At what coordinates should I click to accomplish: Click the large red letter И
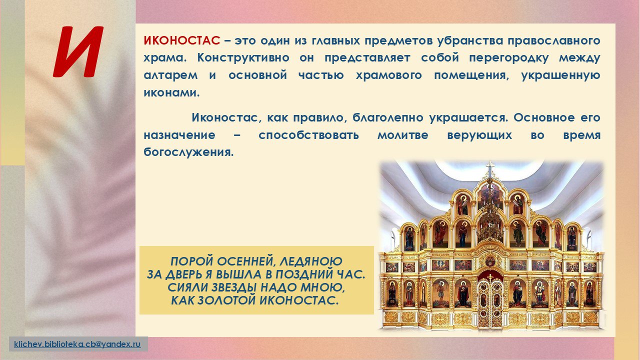78,51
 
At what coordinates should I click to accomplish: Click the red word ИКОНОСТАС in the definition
181,40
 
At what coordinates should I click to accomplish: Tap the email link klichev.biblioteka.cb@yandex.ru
77,343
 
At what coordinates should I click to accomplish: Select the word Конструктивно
243,57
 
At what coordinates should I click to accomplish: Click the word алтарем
170,75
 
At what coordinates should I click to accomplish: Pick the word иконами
171,93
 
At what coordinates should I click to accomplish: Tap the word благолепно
387,117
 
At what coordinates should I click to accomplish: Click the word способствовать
308,135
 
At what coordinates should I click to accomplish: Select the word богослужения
188,152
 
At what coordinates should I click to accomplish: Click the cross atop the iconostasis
490,167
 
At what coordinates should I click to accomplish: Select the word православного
553,41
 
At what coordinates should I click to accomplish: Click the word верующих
479,135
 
